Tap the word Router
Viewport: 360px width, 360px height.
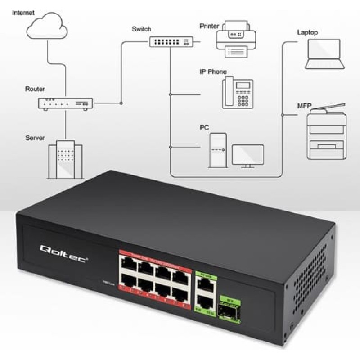pyautogui.click(x=35, y=89)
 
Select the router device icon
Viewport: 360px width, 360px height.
pyautogui.click(x=65, y=103)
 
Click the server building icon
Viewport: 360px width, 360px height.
pyautogui.click(x=65, y=160)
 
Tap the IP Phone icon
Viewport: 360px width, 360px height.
pyautogui.click(x=238, y=92)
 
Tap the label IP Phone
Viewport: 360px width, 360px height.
pyautogui.click(x=213, y=72)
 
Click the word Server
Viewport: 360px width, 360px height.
pyautogui.click(x=35, y=138)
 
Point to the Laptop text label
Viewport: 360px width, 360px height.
pyautogui.click(x=307, y=32)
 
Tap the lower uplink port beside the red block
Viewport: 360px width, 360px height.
pyautogui.click(x=205, y=301)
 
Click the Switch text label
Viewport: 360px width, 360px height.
pyautogui.click(x=141, y=29)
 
